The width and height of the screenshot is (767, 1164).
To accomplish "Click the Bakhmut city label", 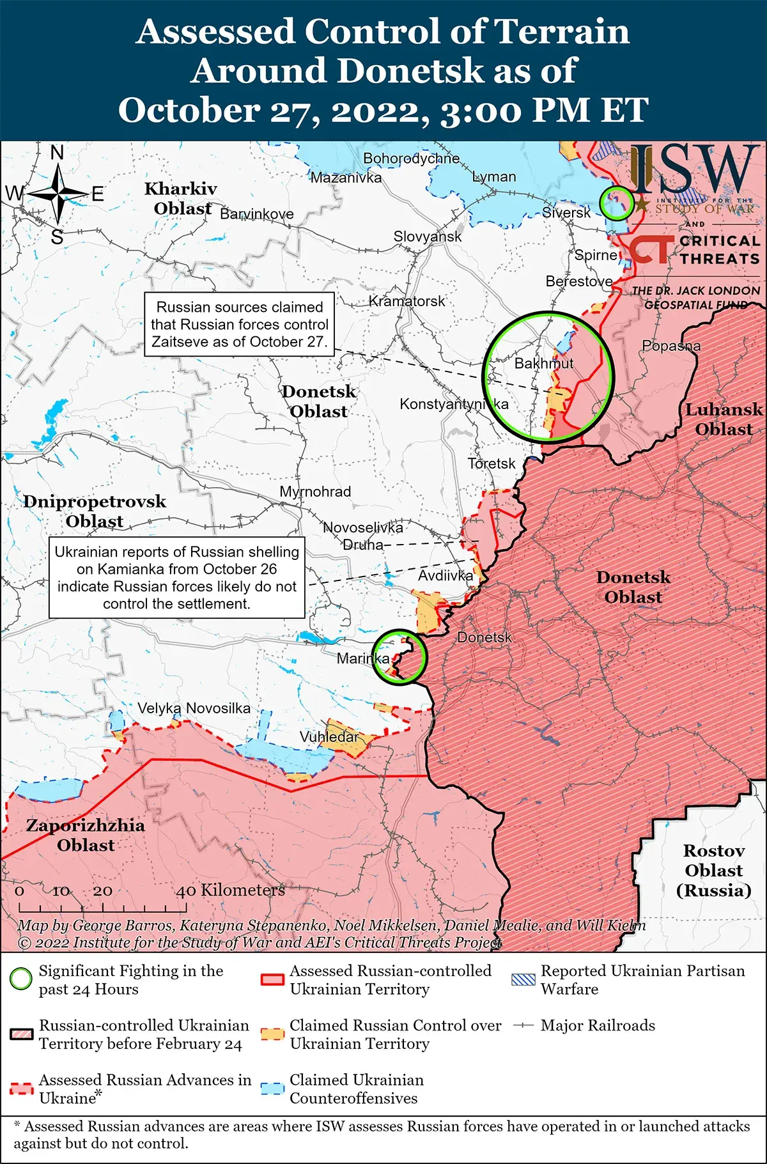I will [x=544, y=363].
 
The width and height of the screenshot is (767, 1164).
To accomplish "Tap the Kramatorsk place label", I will [x=407, y=301].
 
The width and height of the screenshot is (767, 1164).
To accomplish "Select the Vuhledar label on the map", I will [x=329, y=737].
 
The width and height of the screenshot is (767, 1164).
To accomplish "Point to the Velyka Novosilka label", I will [x=194, y=708].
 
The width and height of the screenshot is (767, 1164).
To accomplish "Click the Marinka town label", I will [x=362, y=658].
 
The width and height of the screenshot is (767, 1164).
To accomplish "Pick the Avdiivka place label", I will [x=445, y=575].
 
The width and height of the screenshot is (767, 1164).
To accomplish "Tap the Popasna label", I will [x=671, y=346].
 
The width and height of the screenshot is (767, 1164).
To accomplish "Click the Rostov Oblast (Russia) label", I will [x=713, y=870].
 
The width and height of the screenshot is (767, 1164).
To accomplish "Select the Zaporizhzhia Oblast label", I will [x=86, y=835].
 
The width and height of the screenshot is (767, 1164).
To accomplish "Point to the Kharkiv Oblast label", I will [x=181, y=198].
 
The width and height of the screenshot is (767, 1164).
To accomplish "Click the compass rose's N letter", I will [x=58, y=153].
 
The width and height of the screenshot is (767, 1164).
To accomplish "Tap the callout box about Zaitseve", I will [x=240, y=324].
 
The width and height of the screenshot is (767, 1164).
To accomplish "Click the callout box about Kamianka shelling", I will [x=176, y=577].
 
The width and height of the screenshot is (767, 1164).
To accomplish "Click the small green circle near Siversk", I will [x=616, y=204].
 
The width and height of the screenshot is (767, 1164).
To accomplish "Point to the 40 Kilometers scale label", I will [x=230, y=890].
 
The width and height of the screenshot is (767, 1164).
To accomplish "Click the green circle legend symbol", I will [x=21, y=979].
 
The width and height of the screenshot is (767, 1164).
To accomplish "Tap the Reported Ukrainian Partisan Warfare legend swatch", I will [x=523, y=979].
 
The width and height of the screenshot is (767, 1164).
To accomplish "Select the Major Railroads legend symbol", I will [x=523, y=1025].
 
